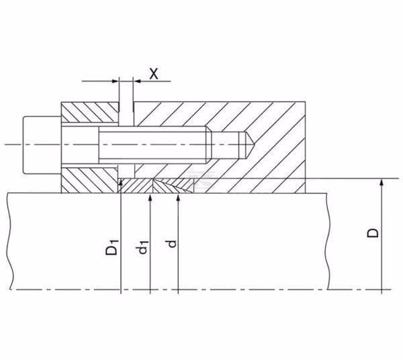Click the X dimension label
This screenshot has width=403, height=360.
point(154,74)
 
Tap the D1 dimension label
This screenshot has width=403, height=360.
point(111,247)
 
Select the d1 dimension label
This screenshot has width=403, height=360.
point(142,247)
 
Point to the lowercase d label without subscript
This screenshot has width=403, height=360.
point(172,244)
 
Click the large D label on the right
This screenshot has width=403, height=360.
point(372,233)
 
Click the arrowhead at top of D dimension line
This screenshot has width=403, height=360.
point(382,182)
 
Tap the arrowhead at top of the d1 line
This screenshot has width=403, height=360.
point(150,197)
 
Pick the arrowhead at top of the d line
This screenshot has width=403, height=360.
point(179,197)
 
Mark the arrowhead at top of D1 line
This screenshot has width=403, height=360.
point(121,182)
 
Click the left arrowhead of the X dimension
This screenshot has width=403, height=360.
point(116,81)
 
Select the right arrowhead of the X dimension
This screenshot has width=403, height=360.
point(137,81)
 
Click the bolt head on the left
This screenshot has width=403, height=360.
point(42,145)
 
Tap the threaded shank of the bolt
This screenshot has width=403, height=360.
point(152,145)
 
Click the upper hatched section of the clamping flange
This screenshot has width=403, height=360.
point(90,112)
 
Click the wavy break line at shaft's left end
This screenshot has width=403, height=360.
point(10,241)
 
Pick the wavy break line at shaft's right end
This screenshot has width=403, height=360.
point(328,241)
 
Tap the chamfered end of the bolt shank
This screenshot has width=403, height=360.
point(209,145)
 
